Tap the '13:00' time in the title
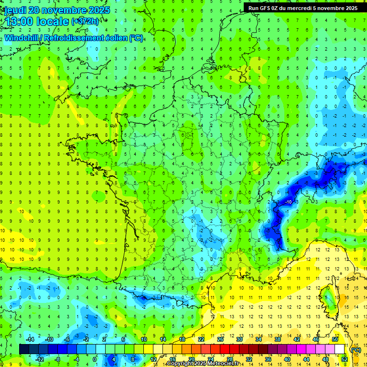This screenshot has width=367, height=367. point(19,22)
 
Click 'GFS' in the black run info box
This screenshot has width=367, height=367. point(267,8)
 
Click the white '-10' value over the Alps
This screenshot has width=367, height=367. point(288,202)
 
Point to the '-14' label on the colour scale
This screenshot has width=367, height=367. point(30,339)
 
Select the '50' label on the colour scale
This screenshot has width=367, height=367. point(335,339)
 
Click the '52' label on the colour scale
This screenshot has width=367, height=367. point(344,359)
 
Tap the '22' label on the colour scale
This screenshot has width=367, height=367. point(201,339)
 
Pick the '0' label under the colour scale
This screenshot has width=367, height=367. point(95,359)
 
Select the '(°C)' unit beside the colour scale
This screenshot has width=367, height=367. point(356,349)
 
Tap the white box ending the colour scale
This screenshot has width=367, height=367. point(339,349)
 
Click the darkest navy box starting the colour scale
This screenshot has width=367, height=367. point(24,349)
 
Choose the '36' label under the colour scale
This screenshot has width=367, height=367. point(268,359)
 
